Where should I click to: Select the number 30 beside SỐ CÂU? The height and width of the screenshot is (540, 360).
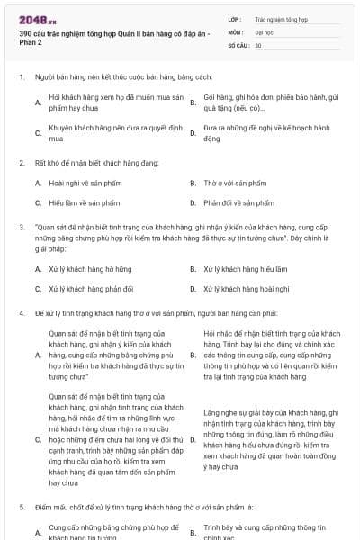coord(258,45)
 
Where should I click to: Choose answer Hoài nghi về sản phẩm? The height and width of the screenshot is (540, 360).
coord(80,183)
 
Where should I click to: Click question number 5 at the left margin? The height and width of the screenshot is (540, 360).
coord(21,508)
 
